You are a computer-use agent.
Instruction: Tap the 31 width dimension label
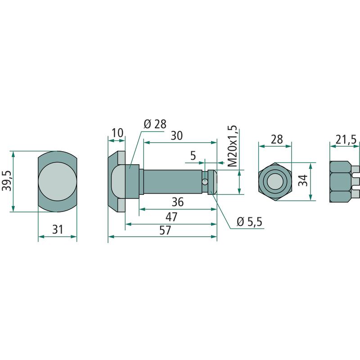pos(58,229)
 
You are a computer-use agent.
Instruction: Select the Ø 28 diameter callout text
pos(155,124)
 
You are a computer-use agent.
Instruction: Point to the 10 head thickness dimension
pos(118,133)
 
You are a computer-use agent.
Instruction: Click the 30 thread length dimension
pos(177,136)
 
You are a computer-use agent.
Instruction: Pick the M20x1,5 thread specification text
pos(233,146)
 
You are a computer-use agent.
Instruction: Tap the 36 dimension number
pos(178,202)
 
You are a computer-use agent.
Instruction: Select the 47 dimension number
pos(172,217)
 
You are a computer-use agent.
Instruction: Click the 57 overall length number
pos(165,230)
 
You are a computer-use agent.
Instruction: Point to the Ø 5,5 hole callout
pos(249,222)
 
